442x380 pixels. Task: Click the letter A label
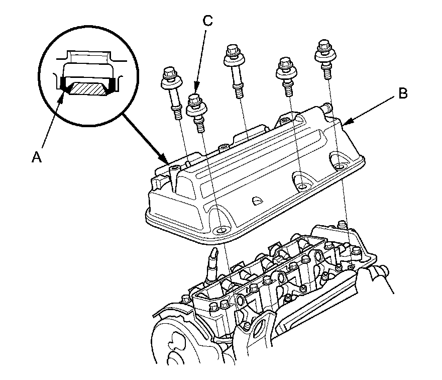click(36, 157)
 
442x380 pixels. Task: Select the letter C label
click(207, 21)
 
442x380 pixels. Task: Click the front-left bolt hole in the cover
click(219, 231)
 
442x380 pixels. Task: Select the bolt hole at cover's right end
click(341, 166)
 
